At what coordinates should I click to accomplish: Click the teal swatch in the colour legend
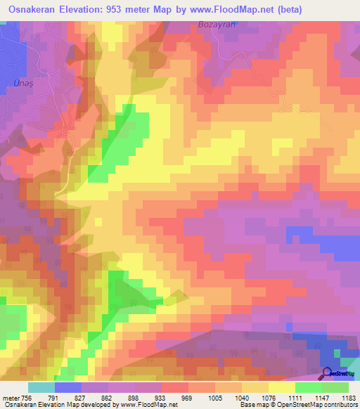tap(41, 387)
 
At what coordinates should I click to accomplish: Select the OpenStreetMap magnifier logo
tap(328, 373)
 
